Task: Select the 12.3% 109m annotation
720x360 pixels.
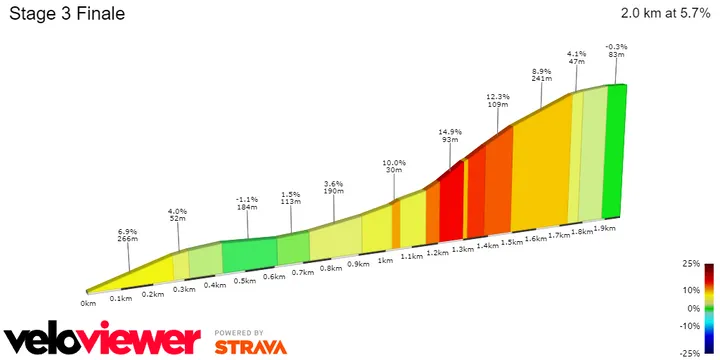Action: [496, 100]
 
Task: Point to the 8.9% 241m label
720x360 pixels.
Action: [541, 77]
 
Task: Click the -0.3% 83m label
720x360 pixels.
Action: [617, 52]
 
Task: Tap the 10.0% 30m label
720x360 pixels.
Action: [394, 168]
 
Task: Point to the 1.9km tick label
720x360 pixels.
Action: [603, 228]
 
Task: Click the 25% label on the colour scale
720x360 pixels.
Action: [689, 265]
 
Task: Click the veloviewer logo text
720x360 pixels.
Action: [100, 339]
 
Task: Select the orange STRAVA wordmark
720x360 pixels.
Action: [250, 347]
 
